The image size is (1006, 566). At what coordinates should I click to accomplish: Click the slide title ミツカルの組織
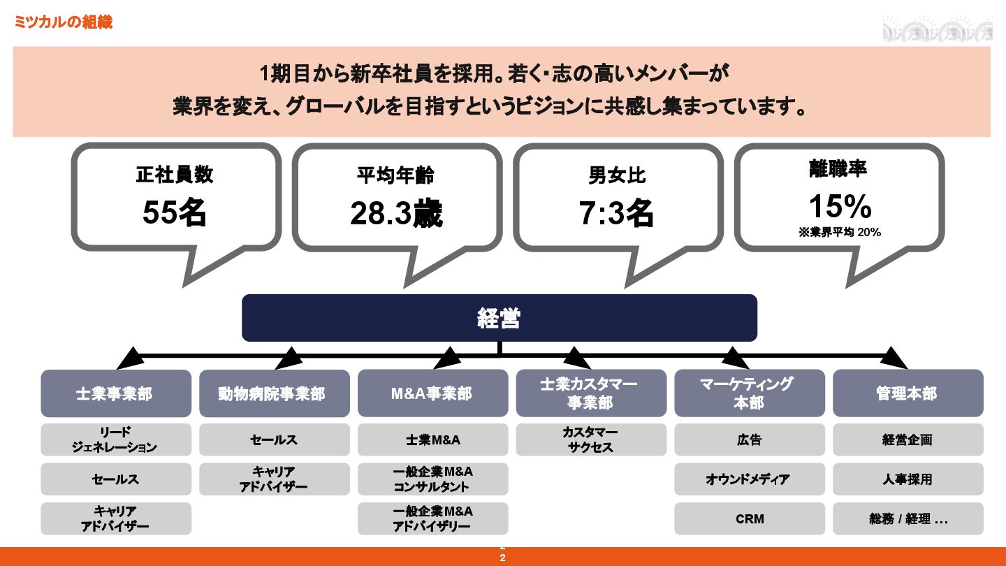tap(63, 22)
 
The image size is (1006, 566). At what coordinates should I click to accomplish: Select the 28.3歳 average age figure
tap(396, 214)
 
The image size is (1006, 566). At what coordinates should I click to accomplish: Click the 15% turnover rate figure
tap(840, 207)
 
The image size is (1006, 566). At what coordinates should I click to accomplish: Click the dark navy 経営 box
tap(499, 318)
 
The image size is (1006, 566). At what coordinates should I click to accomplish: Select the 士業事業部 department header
tap(115, 393)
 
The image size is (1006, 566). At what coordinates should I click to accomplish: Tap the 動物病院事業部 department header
tap(274, 393)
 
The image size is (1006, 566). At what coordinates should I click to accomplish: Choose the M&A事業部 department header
tap(432, 393)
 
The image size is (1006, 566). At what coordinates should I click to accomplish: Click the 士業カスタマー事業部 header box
tap(591, 393)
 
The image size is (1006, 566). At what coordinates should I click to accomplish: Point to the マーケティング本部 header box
tap(749, 393)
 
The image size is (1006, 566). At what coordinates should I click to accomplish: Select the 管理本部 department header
tap(907, 393)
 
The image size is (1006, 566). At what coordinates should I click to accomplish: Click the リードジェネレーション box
tap(115, 440)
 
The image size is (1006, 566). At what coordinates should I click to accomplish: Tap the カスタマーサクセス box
tap(591, 440)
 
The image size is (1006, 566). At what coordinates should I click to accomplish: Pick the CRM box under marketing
tap(749, 518)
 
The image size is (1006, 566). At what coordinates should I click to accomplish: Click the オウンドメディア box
tap(749, 479)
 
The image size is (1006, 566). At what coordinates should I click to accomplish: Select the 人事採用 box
tap(907, 479)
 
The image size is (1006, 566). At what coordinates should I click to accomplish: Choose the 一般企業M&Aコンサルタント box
tap(432, 479)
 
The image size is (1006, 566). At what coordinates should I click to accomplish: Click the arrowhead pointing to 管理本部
tap(894, 358)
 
